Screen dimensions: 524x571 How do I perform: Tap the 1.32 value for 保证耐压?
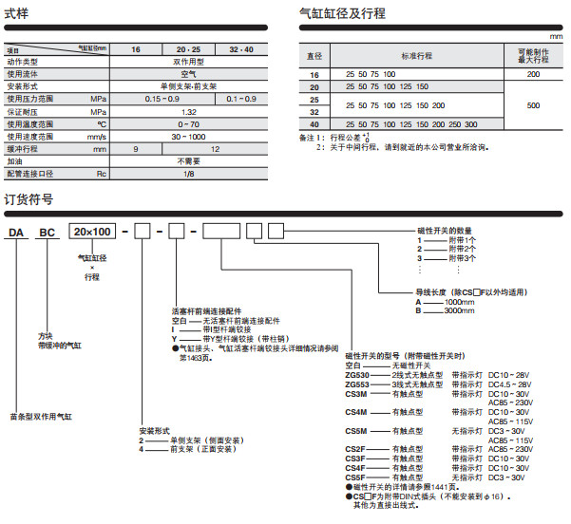(189, 111)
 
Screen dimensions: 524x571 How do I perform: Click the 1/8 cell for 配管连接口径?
(189, 174)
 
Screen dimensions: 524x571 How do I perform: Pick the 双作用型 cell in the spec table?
(189, 61)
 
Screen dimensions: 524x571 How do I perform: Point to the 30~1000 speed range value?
(189, 136)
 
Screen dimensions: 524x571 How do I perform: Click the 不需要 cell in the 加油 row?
(189, 161)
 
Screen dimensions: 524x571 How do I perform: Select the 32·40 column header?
(242, 48)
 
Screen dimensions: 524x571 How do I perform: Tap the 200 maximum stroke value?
(533, 74)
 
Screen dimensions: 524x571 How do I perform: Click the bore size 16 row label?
(315, 74)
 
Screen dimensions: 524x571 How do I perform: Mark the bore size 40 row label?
(315, 123)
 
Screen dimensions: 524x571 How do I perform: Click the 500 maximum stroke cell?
(533, 104)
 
